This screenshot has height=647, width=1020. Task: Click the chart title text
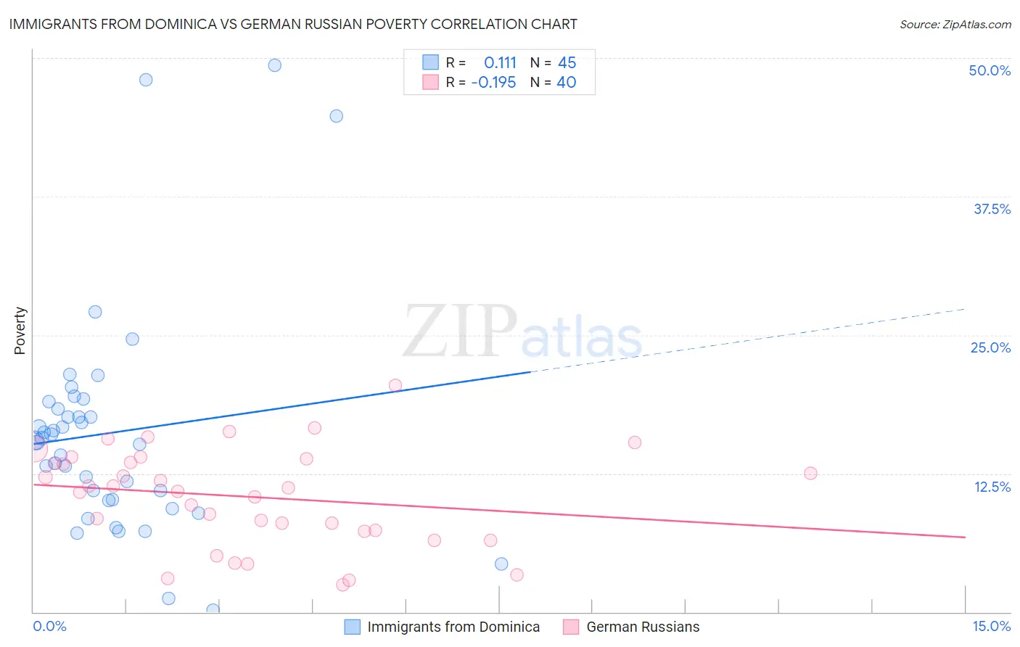tap(293, 24)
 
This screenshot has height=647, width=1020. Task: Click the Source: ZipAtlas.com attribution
tap(955, 25)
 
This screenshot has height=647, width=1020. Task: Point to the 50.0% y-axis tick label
tap(990, 70)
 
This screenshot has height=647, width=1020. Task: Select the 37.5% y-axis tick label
tap(992, 209)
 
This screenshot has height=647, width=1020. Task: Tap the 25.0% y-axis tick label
tap(990, 347)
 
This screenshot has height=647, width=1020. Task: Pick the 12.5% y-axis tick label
tap(992, 487)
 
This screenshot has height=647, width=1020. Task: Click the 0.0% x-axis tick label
tap(49, 626)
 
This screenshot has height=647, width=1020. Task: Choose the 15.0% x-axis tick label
tap(991, 626)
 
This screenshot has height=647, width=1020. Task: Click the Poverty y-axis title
tap(20, 331)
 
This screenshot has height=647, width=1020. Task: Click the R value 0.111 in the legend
tap(500, 62)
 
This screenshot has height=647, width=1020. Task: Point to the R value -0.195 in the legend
tap(493, 82)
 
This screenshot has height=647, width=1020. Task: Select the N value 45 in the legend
tap(567, 62)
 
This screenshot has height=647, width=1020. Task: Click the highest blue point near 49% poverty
tap(274, 65)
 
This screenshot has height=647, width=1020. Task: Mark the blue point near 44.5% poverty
tap(336, 116)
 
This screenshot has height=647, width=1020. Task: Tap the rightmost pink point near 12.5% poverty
tap(810, 473)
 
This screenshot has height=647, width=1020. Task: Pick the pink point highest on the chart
tap(395, 385)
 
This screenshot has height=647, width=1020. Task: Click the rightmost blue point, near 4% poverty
tap(501, 564)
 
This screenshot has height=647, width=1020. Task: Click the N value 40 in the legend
tap(566, 82)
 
